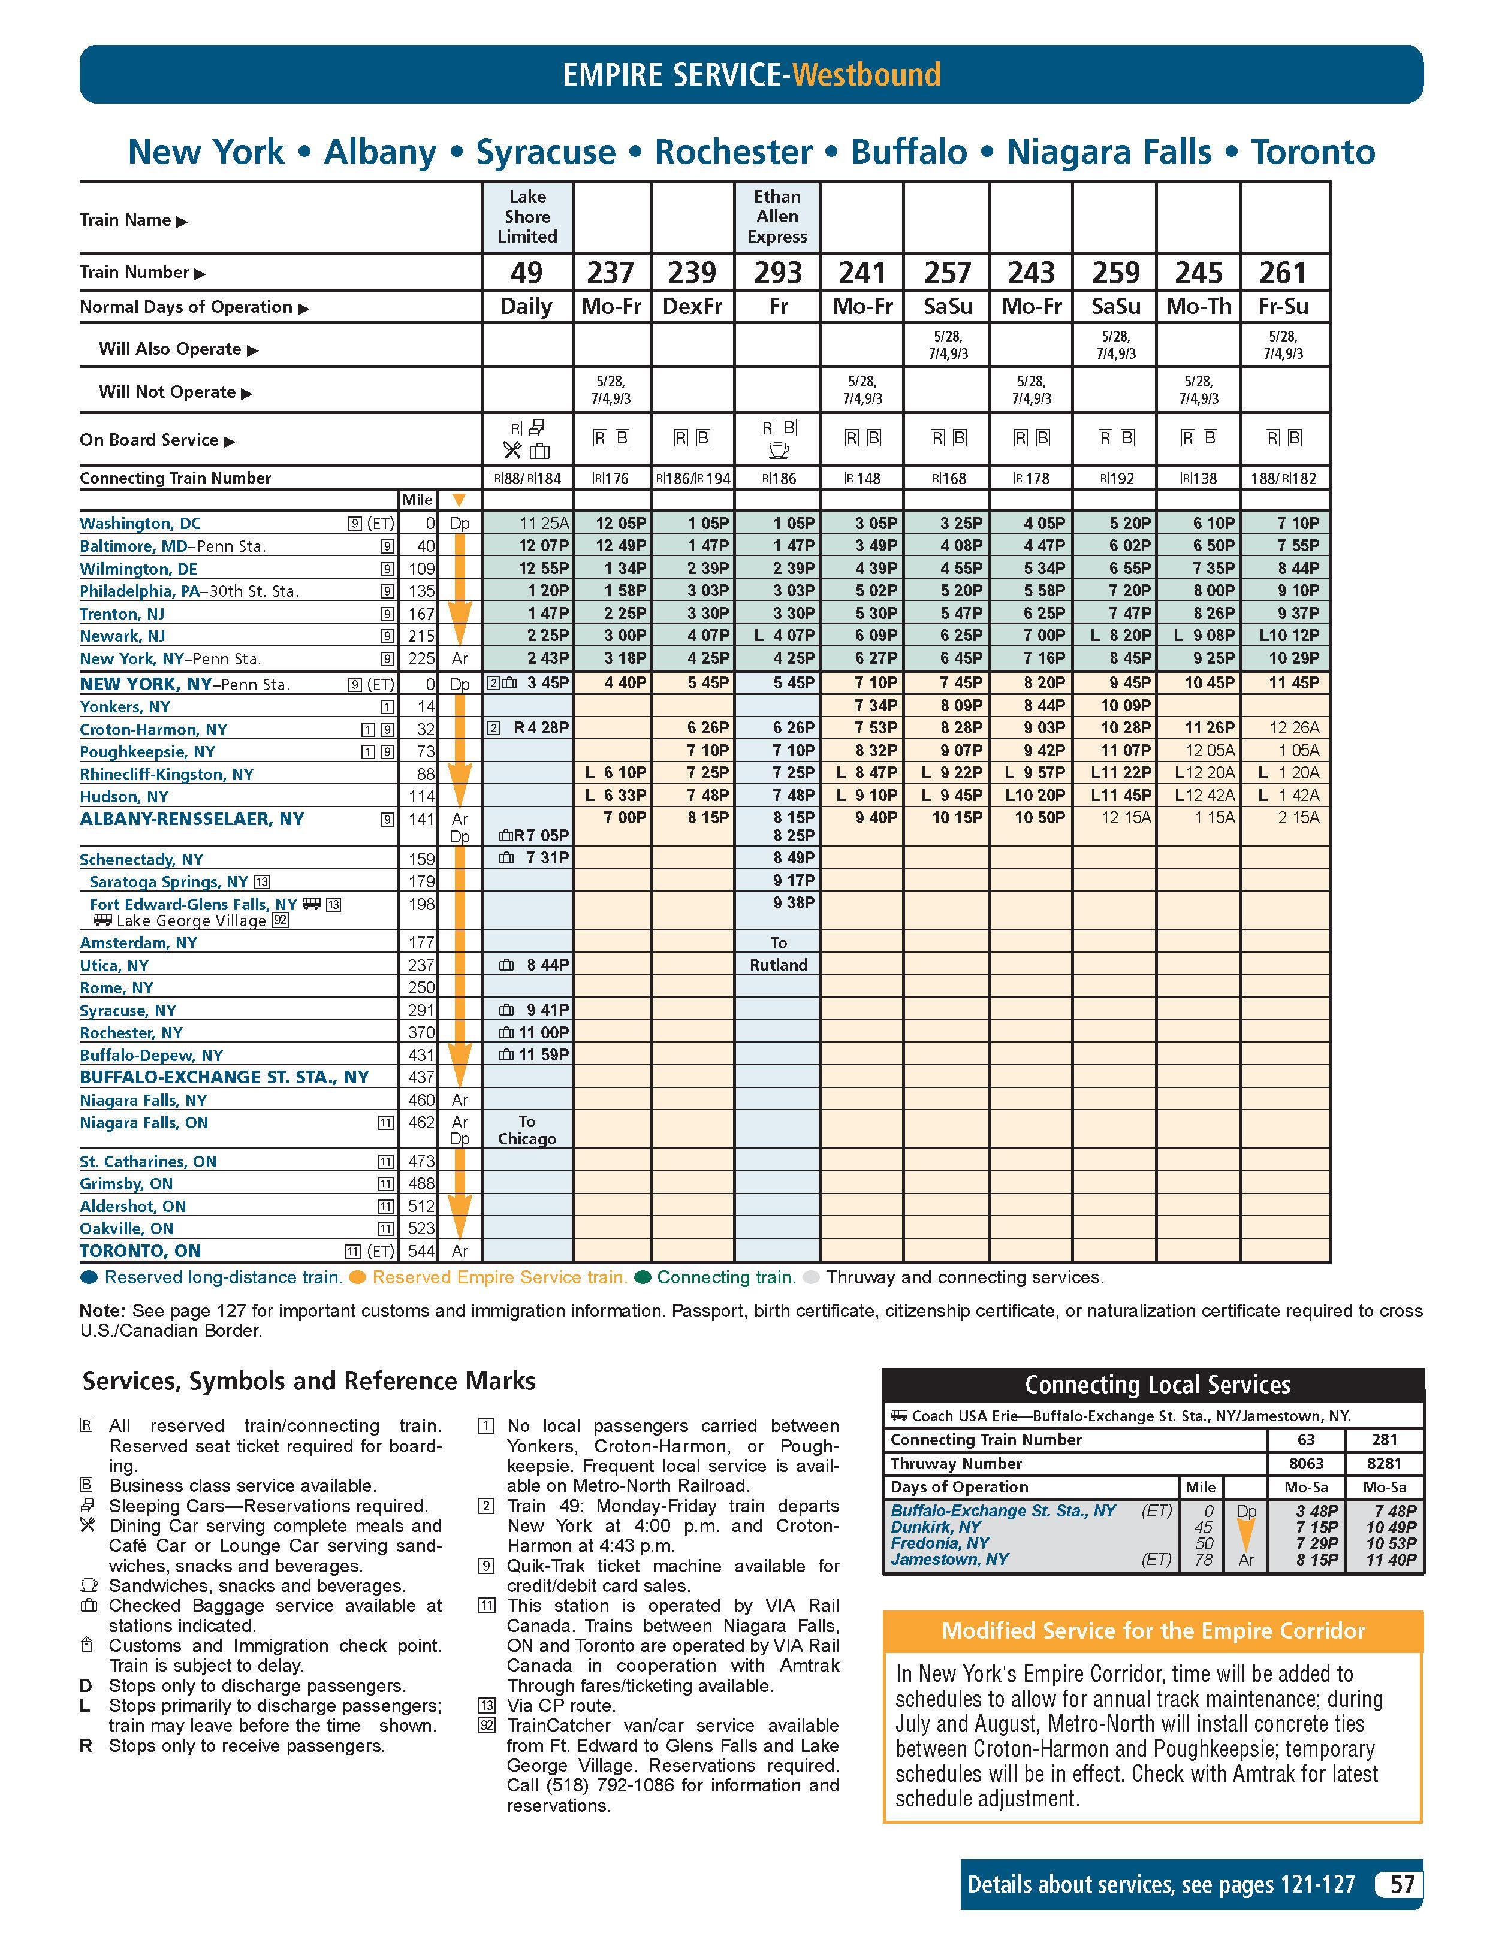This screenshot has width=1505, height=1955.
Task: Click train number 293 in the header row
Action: tap(777, 272)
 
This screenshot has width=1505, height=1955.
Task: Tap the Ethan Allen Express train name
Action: tap(777, 217)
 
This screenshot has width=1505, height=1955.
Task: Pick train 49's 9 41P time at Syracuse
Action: tap(547, 1010)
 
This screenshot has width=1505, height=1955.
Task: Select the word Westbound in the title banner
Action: tap(865, 74)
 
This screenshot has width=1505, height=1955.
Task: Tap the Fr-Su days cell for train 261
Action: tap(1283, 306)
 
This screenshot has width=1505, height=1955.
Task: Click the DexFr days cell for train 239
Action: tap(692, 306)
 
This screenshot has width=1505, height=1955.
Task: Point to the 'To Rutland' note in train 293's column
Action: tap(778, 954)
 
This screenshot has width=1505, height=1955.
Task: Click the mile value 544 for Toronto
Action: tap(421, 1252)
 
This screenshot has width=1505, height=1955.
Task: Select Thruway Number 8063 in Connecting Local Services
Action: tap(1305, 1464)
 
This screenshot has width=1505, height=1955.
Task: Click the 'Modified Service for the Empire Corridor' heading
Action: tap(1152, 1631)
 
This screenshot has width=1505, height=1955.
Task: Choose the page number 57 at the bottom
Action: tap(1401, 1884)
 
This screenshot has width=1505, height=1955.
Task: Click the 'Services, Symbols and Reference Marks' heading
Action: tap(309, 1381)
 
